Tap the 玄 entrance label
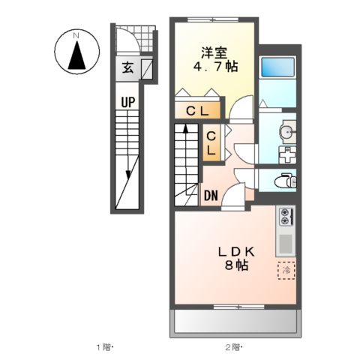point(127,69)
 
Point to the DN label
point(211,196)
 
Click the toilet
point(283,180)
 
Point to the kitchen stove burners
point(286,217)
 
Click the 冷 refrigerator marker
point(286,269)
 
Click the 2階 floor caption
point(232,346)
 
